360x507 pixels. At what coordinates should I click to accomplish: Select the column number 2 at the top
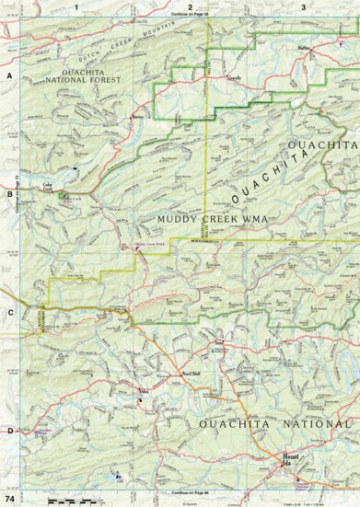[190, 6]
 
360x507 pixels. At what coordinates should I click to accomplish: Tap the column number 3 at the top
[303, 6]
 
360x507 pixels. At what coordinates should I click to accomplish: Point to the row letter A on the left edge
[7, 77]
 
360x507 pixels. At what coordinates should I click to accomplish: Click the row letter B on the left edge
[7, 194]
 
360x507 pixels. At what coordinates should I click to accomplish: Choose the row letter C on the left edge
[7, 311]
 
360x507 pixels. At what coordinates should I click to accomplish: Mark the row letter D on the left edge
[7, 430]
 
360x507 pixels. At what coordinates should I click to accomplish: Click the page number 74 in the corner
[9, 498]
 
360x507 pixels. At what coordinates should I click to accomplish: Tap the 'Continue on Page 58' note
[190, 16]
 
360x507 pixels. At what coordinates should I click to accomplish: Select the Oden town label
[143, 391]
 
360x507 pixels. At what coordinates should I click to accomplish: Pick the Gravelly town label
[237, 79]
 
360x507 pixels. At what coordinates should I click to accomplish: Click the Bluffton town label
[306, 43]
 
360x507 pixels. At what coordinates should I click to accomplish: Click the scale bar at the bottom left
[69, 498]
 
